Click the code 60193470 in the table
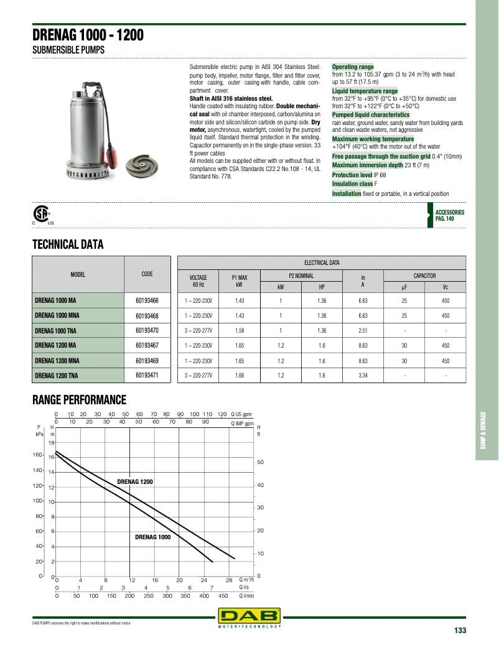point(147,330)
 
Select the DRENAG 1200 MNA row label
point(57,360)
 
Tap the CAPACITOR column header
point(424,275)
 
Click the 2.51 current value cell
point(363,330)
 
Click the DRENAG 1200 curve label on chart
point(135,481)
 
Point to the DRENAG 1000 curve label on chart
point(152,536)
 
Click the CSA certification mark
point(42,215)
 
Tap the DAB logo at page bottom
point(249,616)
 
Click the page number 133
point(460,631)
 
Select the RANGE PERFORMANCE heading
point(79,399)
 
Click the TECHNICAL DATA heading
point(67,244)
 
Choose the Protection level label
point(352,175)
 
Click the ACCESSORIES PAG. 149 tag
point(449,215)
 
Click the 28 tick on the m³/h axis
point(228,580)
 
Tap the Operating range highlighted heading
point(353,67)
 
